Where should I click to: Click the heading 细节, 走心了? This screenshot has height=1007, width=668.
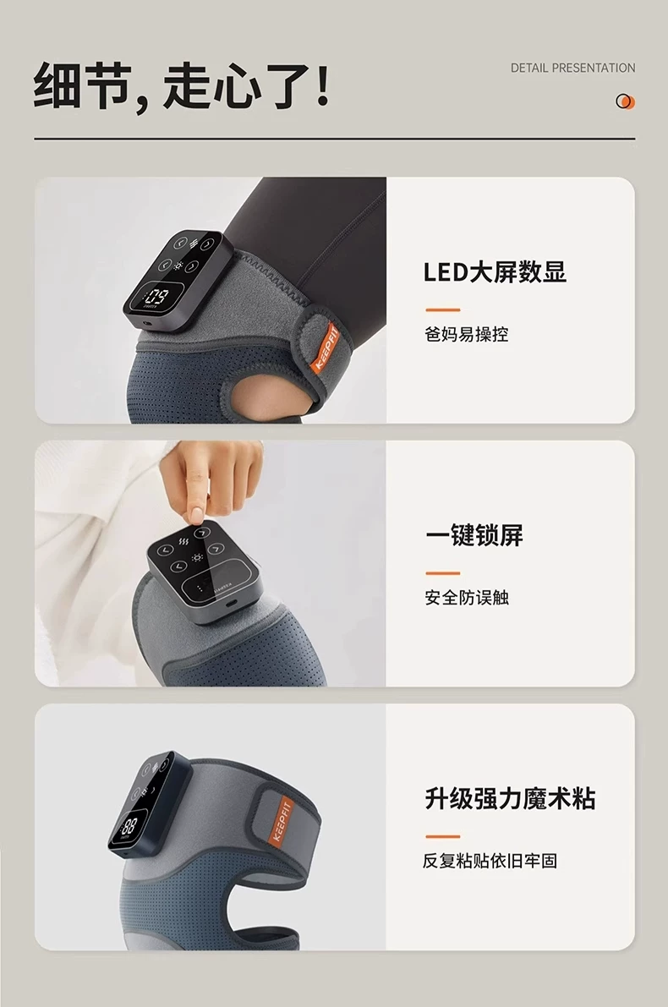point(182,85)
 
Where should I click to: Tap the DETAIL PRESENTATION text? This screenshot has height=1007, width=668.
point(573,68)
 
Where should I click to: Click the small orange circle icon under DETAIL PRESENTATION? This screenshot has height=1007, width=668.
point(625,101)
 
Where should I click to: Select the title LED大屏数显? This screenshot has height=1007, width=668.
point(496,271)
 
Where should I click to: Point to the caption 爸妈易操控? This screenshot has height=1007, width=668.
point(466,335)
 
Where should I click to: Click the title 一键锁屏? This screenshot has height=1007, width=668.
point(474,535)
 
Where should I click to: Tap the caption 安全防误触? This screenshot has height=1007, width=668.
point(466,598)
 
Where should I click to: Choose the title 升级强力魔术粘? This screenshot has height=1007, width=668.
point(511,798)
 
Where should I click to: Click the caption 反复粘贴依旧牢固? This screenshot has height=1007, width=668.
point(490,861)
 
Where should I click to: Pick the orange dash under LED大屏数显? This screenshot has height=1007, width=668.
point(442,309)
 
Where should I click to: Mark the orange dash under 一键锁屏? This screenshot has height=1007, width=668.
point(442,573)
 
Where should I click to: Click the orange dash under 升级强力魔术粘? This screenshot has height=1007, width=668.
point(442,836)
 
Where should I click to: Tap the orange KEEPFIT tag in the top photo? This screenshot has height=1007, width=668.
point(325,348)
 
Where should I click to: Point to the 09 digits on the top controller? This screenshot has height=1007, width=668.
point(156,297)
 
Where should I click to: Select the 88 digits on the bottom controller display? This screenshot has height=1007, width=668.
point(129,825)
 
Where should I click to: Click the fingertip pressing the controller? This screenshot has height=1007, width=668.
point(194,516)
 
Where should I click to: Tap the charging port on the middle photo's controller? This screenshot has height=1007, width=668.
point(231,605)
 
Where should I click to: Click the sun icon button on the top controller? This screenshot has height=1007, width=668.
point(177,265)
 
